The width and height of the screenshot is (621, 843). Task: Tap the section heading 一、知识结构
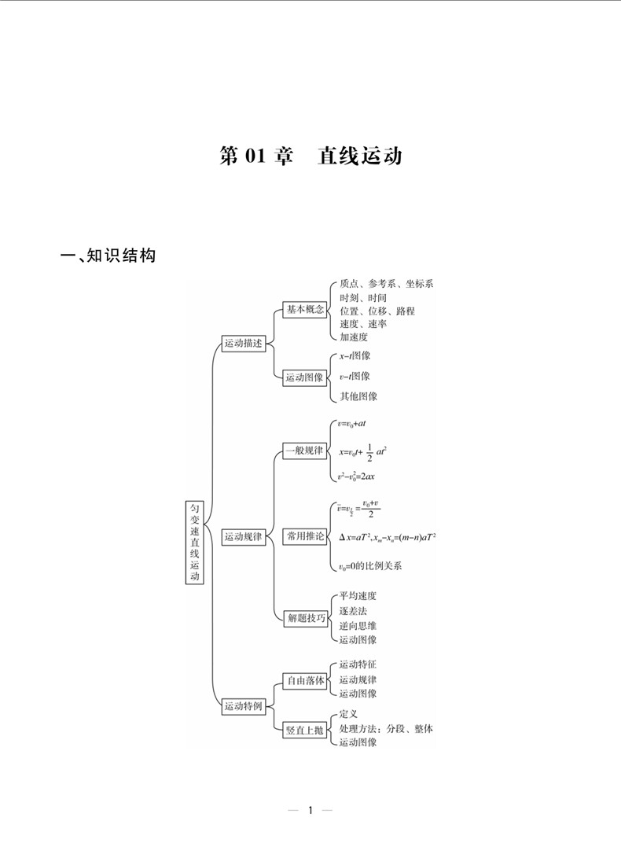click(108, 256)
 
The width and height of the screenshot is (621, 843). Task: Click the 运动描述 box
click(244, 344)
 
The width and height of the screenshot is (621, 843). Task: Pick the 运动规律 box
click(244, 538)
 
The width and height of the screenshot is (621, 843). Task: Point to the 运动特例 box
click(244, 706)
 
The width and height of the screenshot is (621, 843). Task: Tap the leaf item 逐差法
click(354, 610)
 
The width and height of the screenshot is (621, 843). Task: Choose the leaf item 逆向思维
click(358, 625)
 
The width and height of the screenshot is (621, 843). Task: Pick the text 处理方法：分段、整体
click(386, 729)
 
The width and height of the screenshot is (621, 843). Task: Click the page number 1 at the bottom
click(310, 810)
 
